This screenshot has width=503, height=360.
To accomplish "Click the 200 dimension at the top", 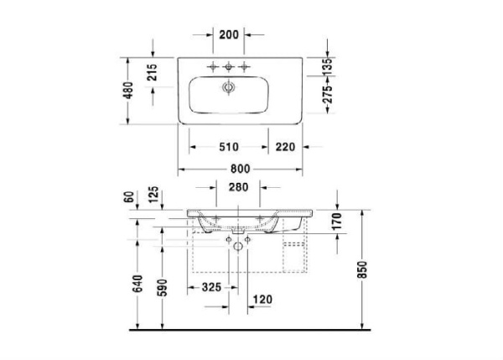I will [x=229, y=35].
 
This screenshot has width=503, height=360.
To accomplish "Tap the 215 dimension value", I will [x=153, y=77].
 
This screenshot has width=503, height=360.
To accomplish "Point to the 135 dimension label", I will [x=328, y=63].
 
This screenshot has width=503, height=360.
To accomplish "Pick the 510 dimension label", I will [x=229, y=147].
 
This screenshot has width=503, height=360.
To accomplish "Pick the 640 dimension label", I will [x=137, y=284].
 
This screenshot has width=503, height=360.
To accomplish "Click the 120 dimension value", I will [x=263, y=299].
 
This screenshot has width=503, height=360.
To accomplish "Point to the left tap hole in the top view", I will [x=212, y=65].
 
